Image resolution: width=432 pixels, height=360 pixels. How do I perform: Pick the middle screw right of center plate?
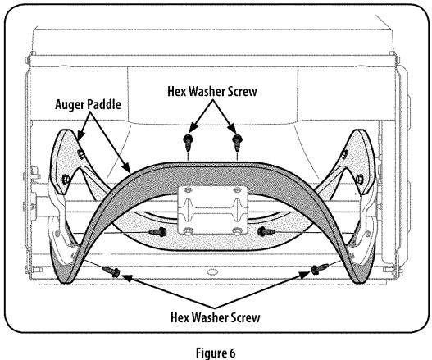[265, 233]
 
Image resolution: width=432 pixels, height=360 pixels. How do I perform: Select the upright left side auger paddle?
[69, 160]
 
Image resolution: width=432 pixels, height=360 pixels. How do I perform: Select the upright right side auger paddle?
[358, 160]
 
